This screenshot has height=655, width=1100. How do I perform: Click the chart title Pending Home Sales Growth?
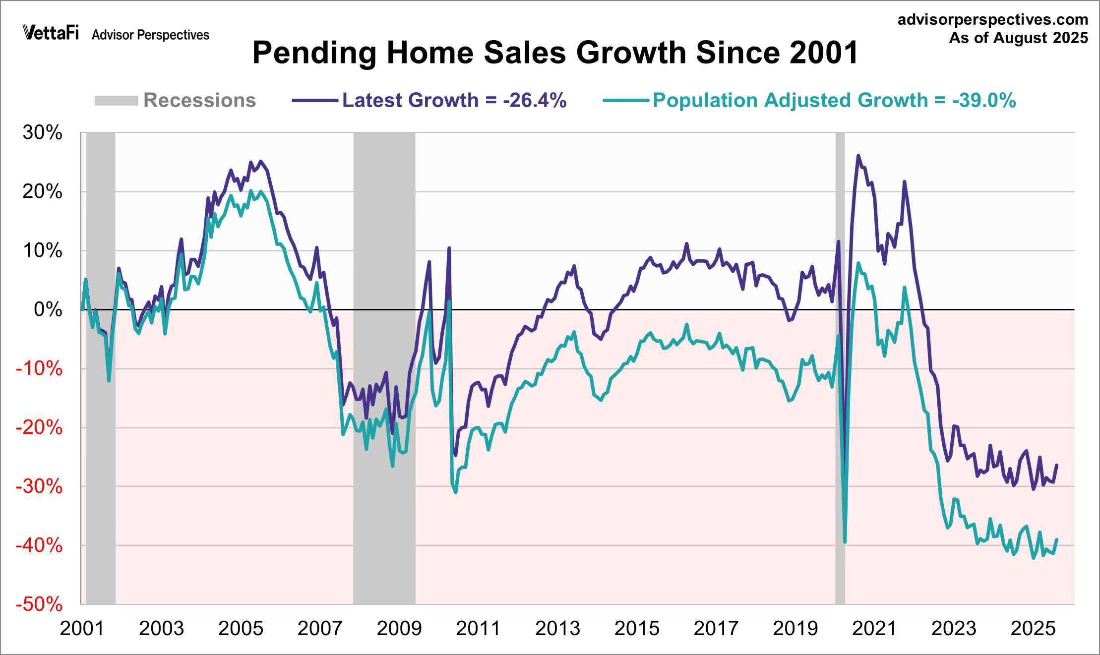point(555,53)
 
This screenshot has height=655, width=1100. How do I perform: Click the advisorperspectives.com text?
point(992,19)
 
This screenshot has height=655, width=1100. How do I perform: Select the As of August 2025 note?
point(1018,38)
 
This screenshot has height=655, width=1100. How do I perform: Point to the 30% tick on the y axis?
point(43,133)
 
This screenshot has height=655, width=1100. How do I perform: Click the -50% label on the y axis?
point(39,604)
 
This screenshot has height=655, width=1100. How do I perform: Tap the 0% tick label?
point(48,309)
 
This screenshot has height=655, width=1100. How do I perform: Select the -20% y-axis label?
point(39,427)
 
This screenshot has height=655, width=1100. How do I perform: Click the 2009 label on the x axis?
point(399,629)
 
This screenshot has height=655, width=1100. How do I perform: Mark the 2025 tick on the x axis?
point(1033,629)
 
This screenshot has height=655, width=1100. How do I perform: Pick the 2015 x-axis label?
point(637,629)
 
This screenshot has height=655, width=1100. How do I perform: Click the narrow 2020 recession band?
point(840,367)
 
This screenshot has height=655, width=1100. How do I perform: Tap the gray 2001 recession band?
point(101,367)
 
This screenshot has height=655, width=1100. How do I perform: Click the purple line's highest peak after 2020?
point(858,156)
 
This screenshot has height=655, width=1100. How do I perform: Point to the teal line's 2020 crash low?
point(845,542)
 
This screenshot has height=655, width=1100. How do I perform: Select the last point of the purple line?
point(1056,465)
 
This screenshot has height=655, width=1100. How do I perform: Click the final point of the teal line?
point(1056,539)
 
